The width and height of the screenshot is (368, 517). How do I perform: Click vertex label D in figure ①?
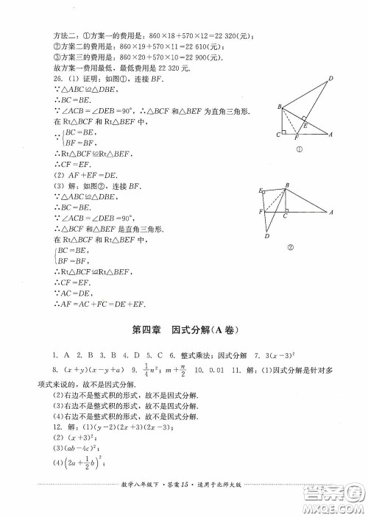[330, 79]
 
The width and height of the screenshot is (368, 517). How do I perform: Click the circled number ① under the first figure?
[300, 151]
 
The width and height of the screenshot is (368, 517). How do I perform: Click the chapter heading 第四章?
[144, 330]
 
